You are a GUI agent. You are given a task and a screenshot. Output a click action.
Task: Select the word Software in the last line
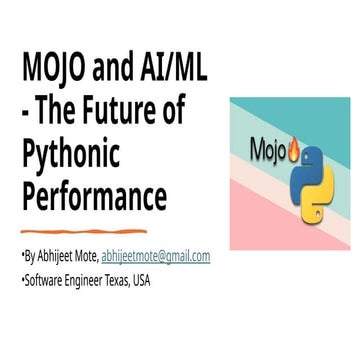pos(45,279)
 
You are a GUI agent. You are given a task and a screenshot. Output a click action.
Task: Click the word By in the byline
pos(33,256)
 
